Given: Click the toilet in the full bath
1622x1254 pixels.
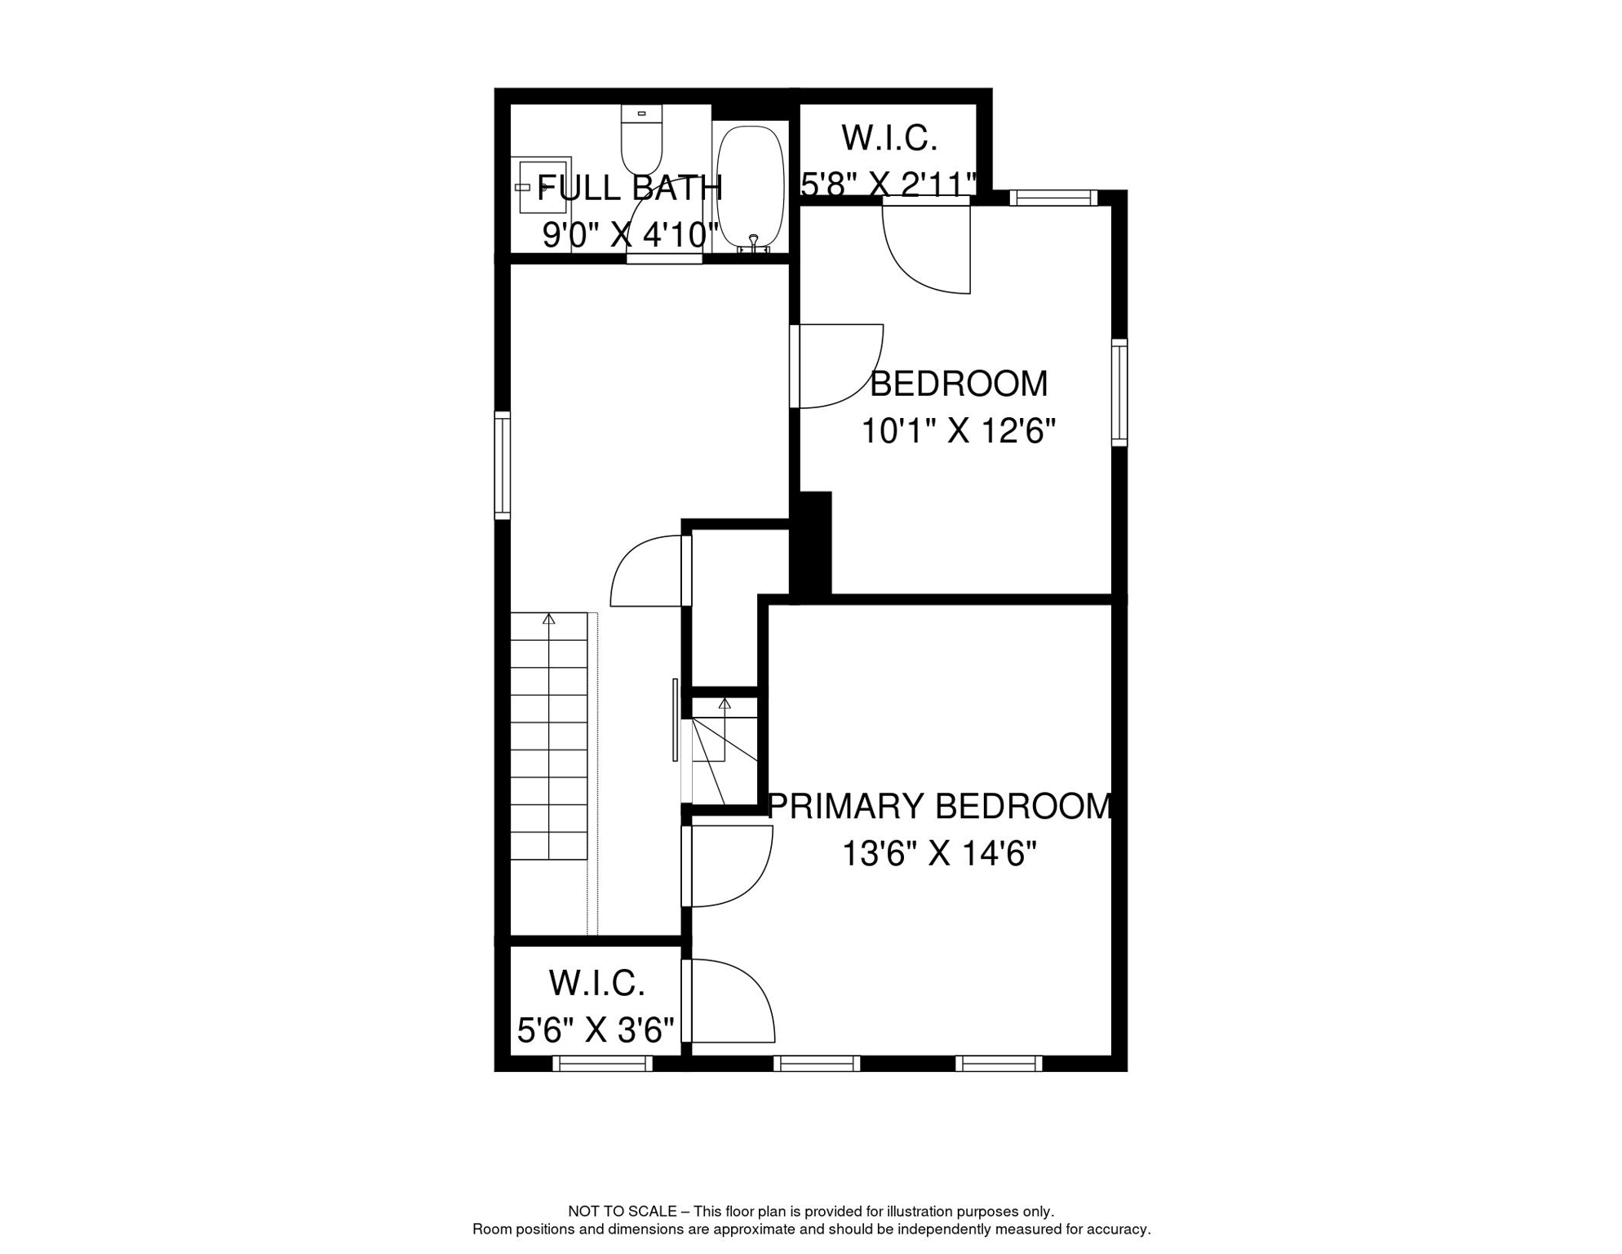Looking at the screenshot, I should tap(641, 140).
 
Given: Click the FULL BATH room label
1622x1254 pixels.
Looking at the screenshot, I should tap(630, 188).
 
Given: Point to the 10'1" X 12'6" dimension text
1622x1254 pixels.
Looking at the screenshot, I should tap(959, 430).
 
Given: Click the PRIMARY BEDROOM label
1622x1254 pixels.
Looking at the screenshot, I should tap(941, 807).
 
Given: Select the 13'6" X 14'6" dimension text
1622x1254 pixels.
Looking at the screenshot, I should tap(939, 855).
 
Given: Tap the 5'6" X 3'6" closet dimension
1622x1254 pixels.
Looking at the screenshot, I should tap(596, 1030).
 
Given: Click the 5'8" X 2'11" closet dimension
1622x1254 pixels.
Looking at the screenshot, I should tap(889, 185).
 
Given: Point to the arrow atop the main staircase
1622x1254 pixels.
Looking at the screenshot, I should tap(549, 620).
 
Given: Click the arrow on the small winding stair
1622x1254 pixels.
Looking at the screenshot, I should tap(725, 703).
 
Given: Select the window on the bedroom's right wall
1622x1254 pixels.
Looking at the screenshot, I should tap(1119, 393).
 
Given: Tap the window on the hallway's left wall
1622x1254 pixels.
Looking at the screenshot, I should tap(503, 465).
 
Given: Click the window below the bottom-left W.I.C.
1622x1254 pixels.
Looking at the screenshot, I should tap(602, 1063).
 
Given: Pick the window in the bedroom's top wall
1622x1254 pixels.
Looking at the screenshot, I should tap(1053, 198).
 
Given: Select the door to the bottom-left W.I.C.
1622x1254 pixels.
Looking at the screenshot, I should tap(729, 1001).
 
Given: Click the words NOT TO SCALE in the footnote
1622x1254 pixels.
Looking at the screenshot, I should tap(622, 1212).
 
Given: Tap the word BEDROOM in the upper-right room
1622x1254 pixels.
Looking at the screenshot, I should tap(959, 384).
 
